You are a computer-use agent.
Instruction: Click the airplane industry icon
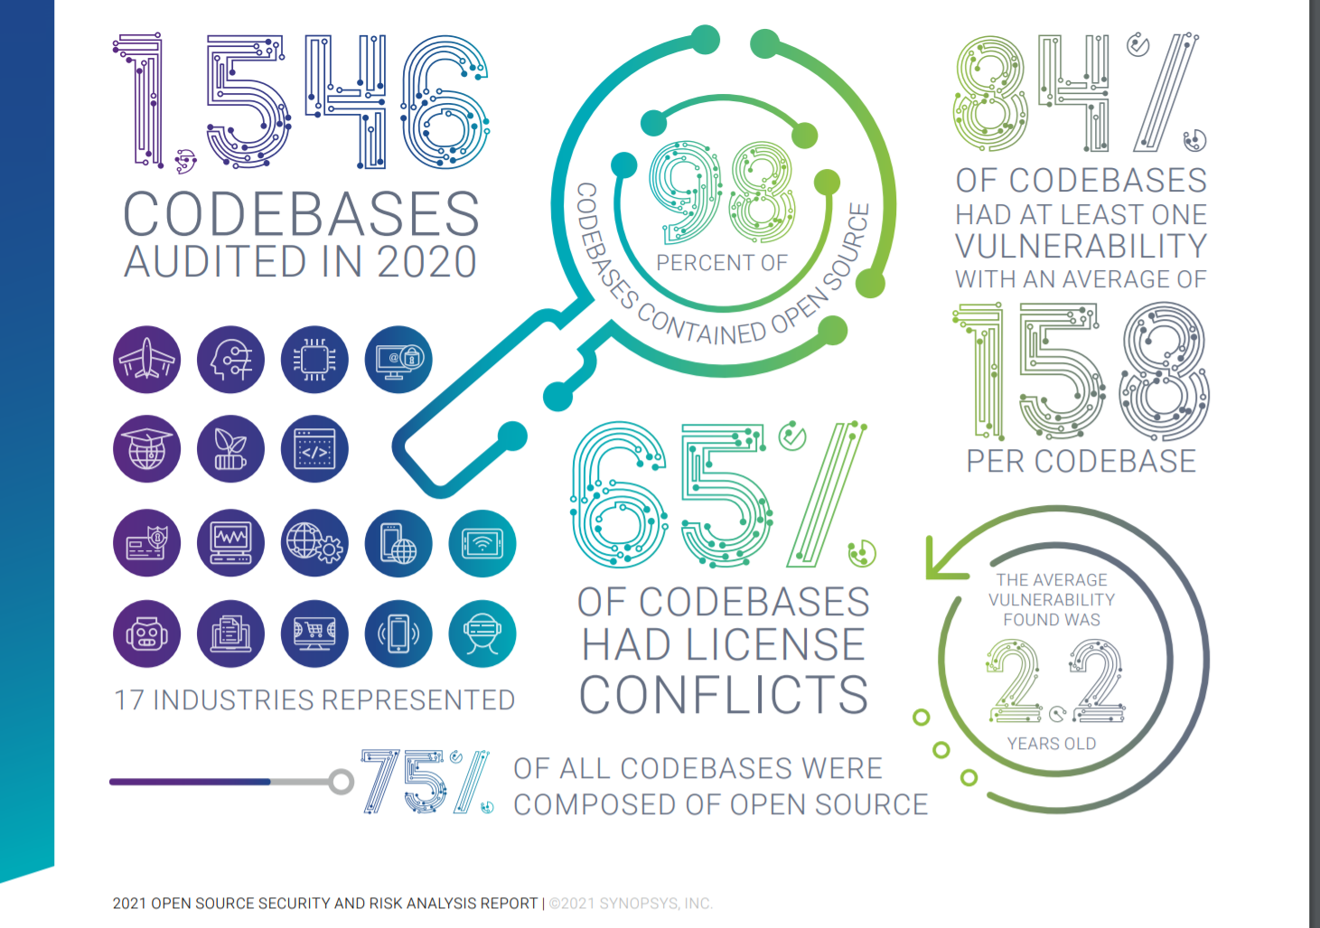(x=146, y=360)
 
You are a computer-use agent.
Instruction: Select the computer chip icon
(x=314, y=360)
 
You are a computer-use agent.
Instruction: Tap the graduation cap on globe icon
(x=146, y=449)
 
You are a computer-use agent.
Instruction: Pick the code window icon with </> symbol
(x=314, y=449)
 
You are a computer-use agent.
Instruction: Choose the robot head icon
(x=146, y=633)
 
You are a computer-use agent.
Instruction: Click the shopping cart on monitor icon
(x=314, y=633)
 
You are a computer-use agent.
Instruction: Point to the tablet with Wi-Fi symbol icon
(x=482, y=544)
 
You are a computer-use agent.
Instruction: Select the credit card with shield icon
(x=146, y=544)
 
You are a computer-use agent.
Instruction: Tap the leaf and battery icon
(x=230, y=449)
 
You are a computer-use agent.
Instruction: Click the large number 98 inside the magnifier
(x=722, y=192)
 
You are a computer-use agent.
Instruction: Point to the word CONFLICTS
(x=724, y=694)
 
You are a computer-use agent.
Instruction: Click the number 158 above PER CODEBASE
(x=1081, y=371)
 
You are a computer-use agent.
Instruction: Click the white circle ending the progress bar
(x=341, y=782)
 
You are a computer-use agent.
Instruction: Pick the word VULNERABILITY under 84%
(x=1081, y=246)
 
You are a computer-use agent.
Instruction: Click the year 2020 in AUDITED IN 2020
(x=426, y=263)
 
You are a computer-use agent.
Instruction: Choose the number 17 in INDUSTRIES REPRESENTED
(x=128, y=700)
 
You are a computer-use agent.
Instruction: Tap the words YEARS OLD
(x=1052, y=744)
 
